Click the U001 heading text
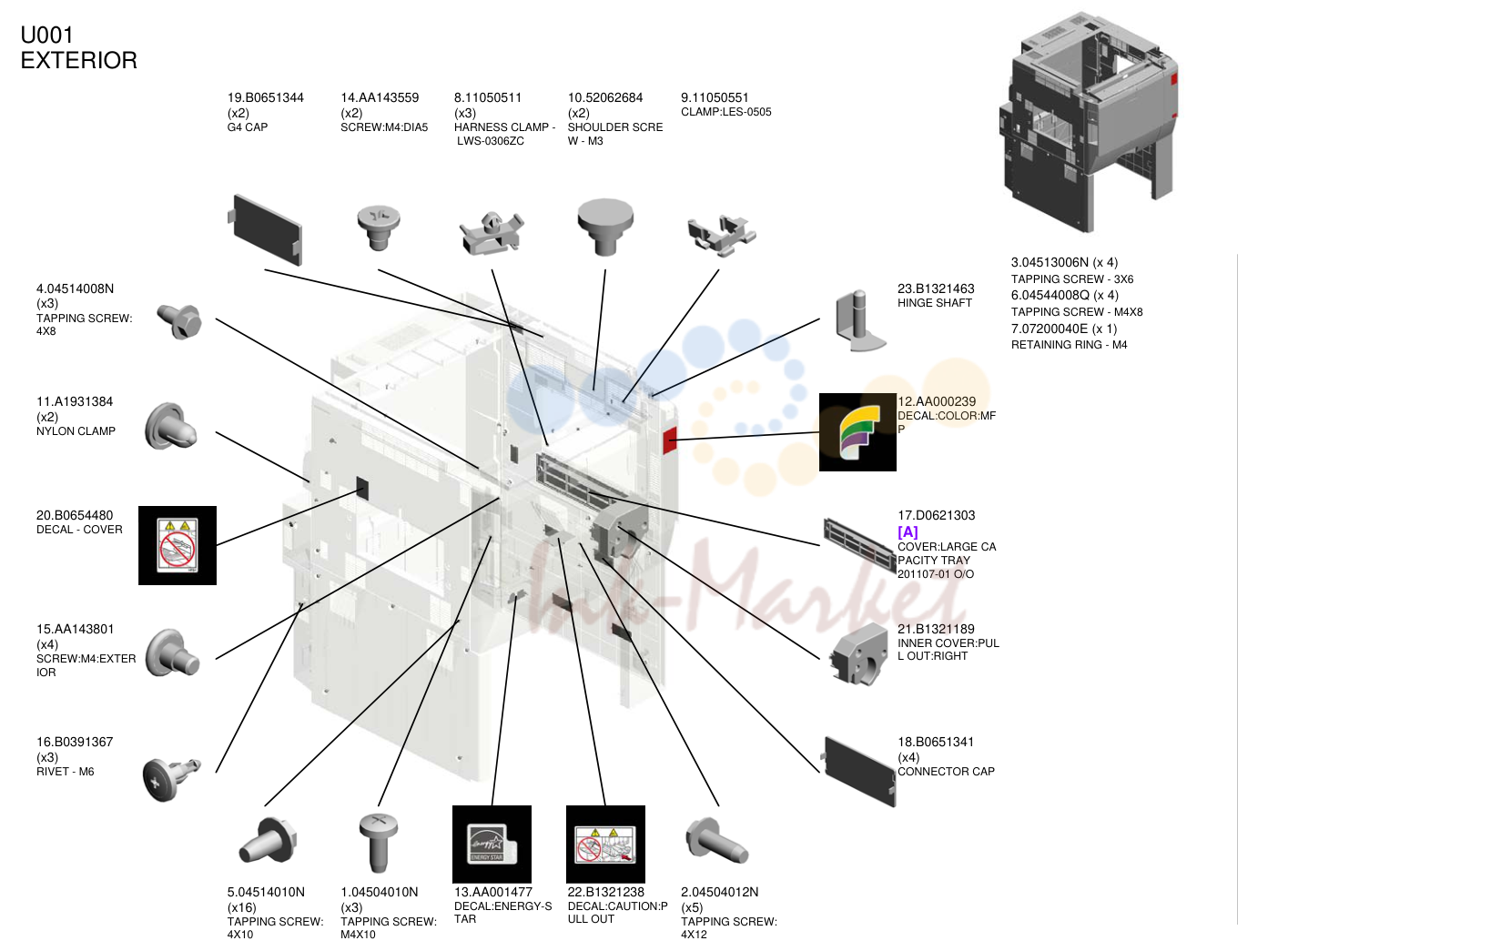[x=47, y=35]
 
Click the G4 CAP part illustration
[x=266, y=229]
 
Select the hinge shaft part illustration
[x=860, y=320]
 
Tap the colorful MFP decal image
[x=857, y=432]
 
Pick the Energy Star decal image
[x=492, y=844]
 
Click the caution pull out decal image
[x=605, y=844]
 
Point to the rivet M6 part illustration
[x=171, y=779]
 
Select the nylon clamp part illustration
[x=171, y=426]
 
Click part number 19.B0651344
[x=266, y=97]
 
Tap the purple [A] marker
[x=908, y=531]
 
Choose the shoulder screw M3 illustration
[x=605, y=227]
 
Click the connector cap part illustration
[x=859, y=772]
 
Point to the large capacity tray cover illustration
[x=859, y=545]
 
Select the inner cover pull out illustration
[x=859, y=654]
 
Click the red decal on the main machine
[x=669, y=440]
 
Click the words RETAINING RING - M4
[x=1070, y=345]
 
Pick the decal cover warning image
[x=177, y=545]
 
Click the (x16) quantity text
[x=242, y=907]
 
